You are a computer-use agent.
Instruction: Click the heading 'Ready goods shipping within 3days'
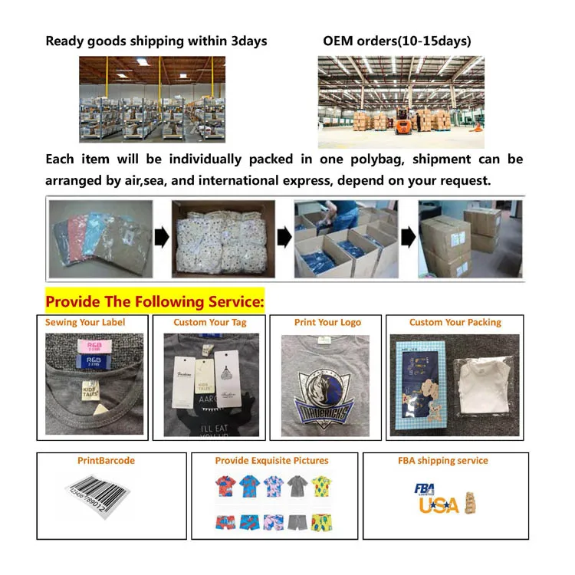[x=156, y=41]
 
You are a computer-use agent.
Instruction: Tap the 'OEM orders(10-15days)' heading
[x=397, y=41]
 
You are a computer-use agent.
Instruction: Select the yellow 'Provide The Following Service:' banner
[x=155, y=301]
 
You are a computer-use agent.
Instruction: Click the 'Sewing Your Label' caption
[x=85, y=323]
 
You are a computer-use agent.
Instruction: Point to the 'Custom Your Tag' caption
[x=210, y=323]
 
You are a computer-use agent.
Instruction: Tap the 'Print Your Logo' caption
[x=327, y=323]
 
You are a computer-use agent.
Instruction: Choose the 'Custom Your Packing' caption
[x=455, y=323]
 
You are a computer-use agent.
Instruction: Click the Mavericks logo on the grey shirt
[x=325, y=396]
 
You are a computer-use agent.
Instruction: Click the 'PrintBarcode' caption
[x=106, y=461]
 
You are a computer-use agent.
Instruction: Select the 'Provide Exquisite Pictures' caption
[x=271, y=461]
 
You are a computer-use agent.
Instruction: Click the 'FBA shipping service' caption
[x=443, y=461]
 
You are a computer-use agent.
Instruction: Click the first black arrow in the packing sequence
[x=162, y=238]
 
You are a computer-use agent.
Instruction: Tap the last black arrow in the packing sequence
[x=409, y=238]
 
